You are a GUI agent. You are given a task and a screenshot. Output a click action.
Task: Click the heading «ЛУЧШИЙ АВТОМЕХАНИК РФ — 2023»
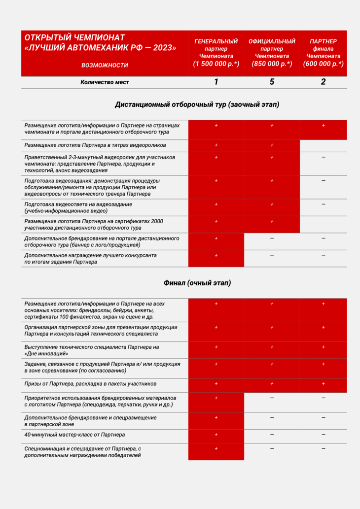pyautogui.click(x=100, y=48)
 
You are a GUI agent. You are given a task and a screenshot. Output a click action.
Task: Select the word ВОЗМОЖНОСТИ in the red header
pyautogui.click(x=105, y=65)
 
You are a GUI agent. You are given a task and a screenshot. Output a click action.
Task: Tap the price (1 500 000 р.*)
pyautogui.click(x=216, y=64)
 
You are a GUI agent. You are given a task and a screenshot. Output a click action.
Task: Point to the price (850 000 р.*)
pyautogui.click(x=272, y=64)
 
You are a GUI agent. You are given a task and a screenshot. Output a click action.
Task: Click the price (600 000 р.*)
pyautogui.click(x=323, y=64)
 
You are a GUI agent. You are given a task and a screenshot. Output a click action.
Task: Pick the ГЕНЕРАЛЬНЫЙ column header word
pyautogui.click(x=216, y=41)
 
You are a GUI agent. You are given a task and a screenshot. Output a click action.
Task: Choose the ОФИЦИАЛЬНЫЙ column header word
pyautogui.click(x=272, y=41)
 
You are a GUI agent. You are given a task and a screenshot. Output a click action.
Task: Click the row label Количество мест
pyautogui.click(x=105, y=82)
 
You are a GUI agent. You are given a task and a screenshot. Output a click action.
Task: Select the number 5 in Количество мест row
pyautogui.click(x=272, y=82)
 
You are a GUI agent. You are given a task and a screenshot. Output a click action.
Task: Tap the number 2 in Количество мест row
pyautogui.click(x=323, y=82)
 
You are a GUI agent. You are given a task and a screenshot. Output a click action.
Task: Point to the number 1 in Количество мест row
pyautogui.click(x=216, y=82)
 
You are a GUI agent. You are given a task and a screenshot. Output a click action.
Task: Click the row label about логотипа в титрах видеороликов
pyautogui.click(x=95, y=145)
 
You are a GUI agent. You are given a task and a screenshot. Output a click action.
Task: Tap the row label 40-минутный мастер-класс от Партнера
pyautogui.click(x=74, y=435)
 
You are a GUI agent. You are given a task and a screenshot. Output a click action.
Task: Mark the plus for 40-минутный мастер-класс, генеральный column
pyautogui.click(x=216, y=435)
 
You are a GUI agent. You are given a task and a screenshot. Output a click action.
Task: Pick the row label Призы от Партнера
pyautogui.click(x=90, y=383)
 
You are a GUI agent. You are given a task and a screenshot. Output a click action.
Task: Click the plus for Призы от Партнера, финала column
pyautogui.click(x=323, y=383)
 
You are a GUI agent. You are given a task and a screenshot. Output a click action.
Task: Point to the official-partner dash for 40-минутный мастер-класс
pyautogui.click(x=272, y=435)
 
